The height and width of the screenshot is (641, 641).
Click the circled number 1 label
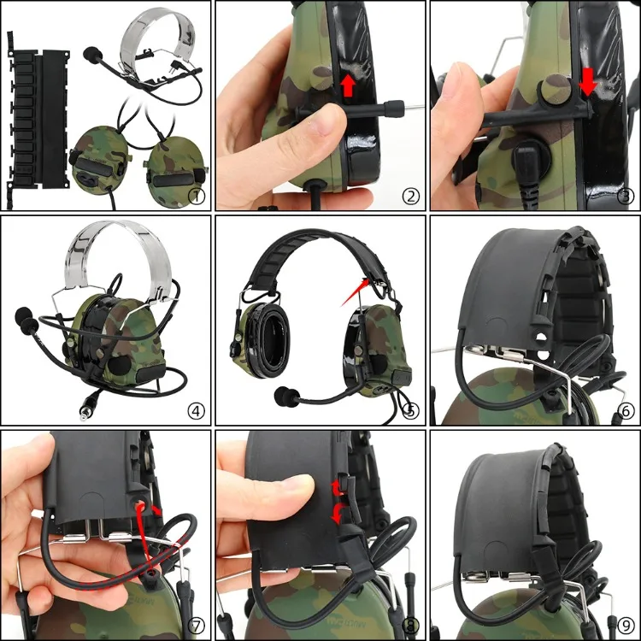(197, 196)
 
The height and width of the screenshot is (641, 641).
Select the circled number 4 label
(197, 410)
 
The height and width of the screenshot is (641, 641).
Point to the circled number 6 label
(626, 410)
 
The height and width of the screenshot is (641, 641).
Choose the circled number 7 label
(197, 625)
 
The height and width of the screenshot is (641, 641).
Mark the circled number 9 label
(626, 625)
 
